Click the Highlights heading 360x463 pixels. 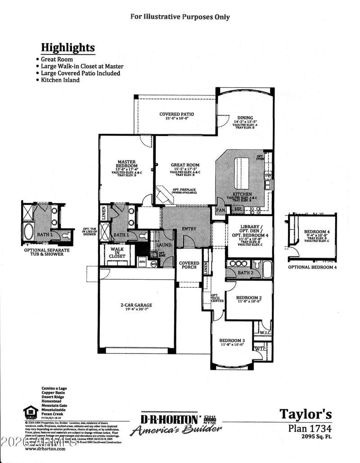[68, 48]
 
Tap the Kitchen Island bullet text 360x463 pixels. [60, 80]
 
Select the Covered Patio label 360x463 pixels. [176, 114]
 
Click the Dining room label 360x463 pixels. [245, 118]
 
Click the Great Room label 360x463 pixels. [185, 165]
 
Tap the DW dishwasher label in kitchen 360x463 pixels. [268, 175]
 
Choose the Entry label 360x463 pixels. [189, 229]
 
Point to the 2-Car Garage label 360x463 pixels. [136, 305]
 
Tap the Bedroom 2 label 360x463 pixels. [249, 298]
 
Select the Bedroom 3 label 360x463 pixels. [232, 340]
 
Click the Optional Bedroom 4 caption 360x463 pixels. [312, 267]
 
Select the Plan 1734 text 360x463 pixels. [310, 428]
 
